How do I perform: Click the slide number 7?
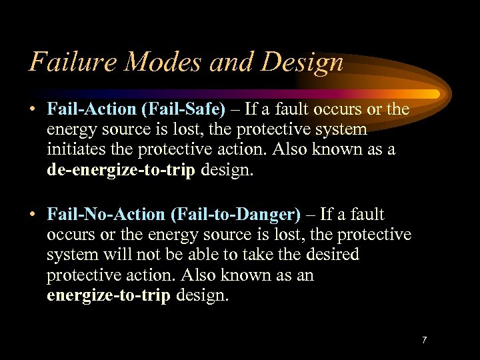pyautogui.click(x=424, y=341)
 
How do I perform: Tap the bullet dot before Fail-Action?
pyautogui.click(x=33, y=109)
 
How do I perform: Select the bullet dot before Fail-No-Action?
pyautogui.click(x=33, y=215)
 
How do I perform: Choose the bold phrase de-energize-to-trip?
pyautogui.click(x=121, y=169)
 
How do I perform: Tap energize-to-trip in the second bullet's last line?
pyautogui.click(x=109, y=295)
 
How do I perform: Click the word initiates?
pyautogui.click(x=75, y=149)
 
